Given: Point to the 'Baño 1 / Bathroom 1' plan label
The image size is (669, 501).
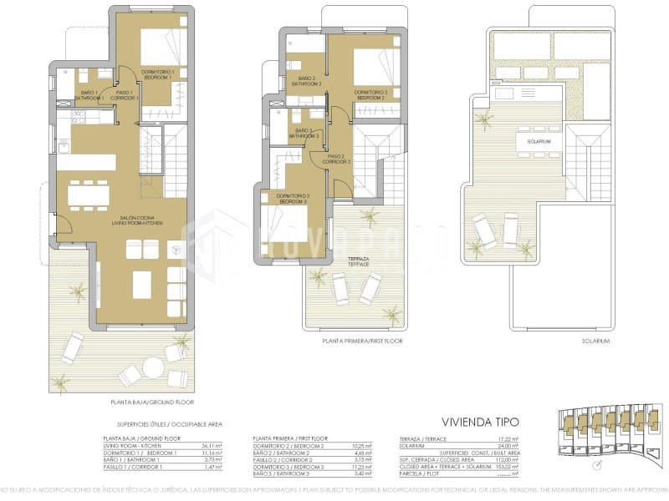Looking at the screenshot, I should click(x=91, y=95).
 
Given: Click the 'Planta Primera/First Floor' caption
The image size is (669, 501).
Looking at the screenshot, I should click(x=363, y=342).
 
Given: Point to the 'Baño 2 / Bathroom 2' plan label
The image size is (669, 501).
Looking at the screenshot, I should click(x=307, y=82).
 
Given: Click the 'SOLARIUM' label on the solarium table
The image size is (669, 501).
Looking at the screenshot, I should click(x=539, y=142).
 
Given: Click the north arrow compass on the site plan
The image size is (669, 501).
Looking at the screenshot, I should click(x=595, y=465).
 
